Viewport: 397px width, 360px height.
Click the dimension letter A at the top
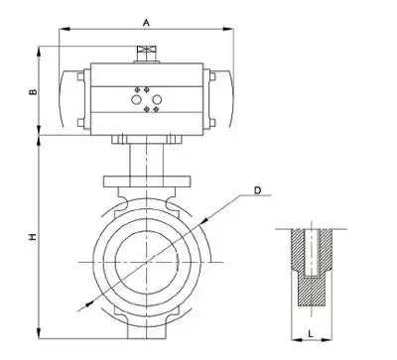pyautogui.click(x=146, y=23)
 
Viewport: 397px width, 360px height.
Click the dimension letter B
pyautogui.click(x=33, y=91)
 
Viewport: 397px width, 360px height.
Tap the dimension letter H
pyautogui.click(x=33, y=237)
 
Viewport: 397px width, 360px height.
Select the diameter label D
pyautogui.click(x=257, y=190)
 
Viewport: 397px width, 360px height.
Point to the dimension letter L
pyautogui.click(x=311, y=334)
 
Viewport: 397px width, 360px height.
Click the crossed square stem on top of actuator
pyautogui.click(x=147, y=50)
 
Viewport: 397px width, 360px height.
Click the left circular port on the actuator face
pyautogui.click(x=136, y=99)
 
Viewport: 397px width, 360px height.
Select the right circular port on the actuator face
pyautogui.click(x=157, y=99)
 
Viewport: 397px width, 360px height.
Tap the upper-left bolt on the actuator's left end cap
pyautogui.click(x=80, y=76)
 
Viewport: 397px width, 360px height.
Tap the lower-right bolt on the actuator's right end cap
pyautogui.click(x=212, y=123)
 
